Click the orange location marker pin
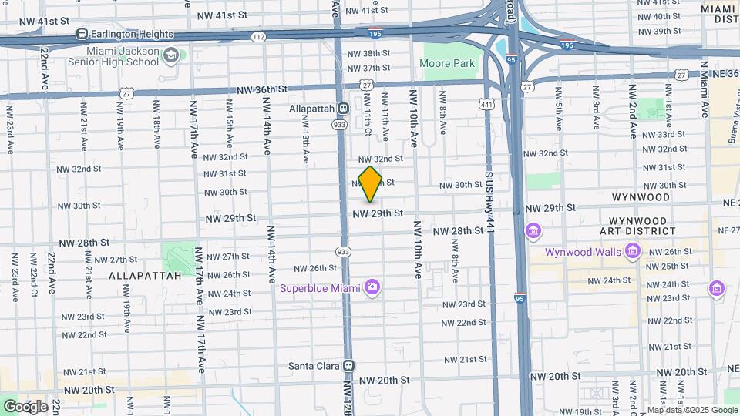pyautogui.click(x=370, y=183)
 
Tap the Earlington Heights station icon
pyautogui.click(x=82, y=34)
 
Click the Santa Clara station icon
pyautogui.click(x=348, y=366)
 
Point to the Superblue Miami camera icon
pyautogui.click(x=372, y=287)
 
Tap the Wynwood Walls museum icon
pyautogui.click(x=633, y=251)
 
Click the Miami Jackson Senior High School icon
pyautogui.click(x=171, y=55)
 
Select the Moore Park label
pyautogui.click(x=449, y=64)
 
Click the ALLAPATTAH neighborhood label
pyautogui.click(x=145, y=274)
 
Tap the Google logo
pyautogui.click(x=25, y=406)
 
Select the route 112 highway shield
pyautogui.click(x=258, y=37)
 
